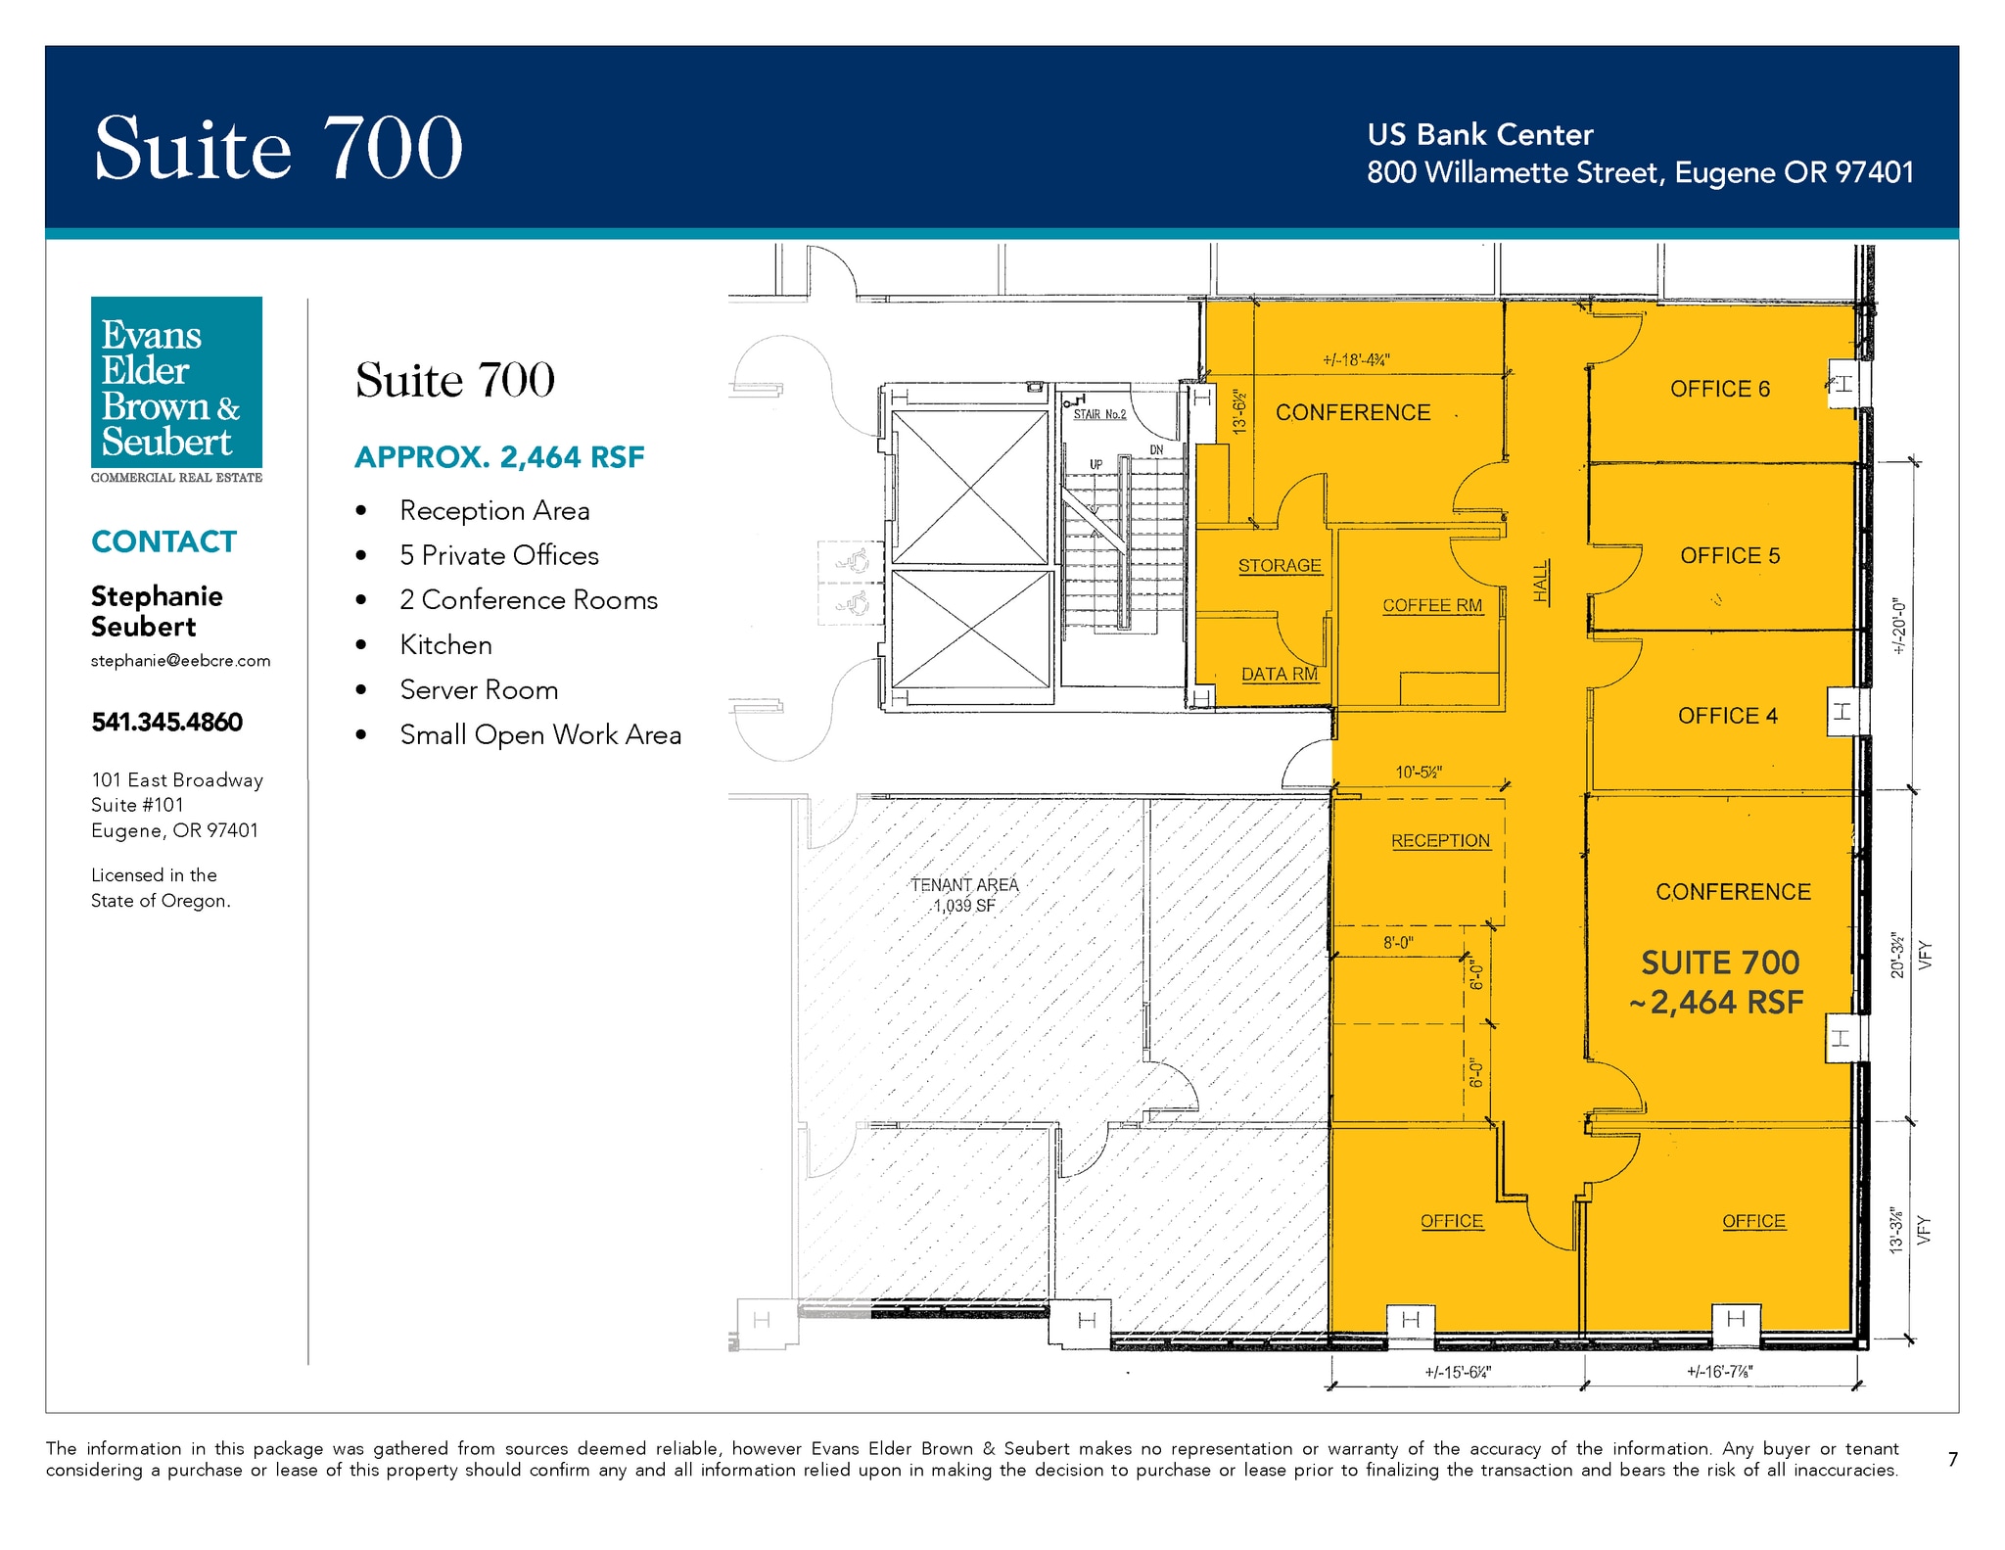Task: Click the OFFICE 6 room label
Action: coord(1720,389)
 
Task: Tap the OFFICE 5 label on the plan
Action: coord(1730,555)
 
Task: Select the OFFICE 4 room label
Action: coord(1727,716)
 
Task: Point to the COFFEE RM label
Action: coord(1432,605)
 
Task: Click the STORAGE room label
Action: coord(1280,565)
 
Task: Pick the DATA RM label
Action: coord(1280,674)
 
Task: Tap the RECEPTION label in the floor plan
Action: coord(1440,840)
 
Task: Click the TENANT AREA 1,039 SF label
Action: coord(964,895)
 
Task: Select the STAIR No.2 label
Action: coord(1099,414)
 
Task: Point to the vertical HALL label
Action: coord(1541,581)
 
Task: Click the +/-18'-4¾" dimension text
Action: coord(1356,359)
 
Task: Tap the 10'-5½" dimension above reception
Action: coord(1419,773)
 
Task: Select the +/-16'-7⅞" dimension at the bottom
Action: coord(1719,1371)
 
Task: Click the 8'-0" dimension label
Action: coord(1398,942)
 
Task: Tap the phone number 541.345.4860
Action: coord(167,722)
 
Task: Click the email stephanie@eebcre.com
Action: coord(181,661)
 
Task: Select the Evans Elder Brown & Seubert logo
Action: coord(177,390)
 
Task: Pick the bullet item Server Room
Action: coord(479,689)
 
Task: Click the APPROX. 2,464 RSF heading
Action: coord(499,457)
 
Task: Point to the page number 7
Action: coord(1953,1459)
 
